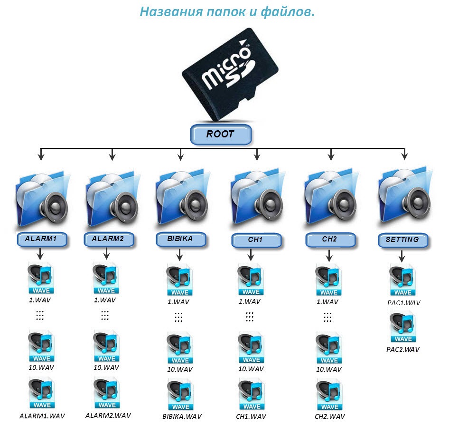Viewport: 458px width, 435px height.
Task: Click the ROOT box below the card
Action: pos(221,134)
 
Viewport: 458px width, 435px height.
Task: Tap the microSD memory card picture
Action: pos(230,74)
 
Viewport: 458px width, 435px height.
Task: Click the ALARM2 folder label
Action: pos(109,239)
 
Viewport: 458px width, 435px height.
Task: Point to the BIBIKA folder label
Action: pos(181,239)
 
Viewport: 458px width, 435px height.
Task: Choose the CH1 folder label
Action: pos(256,240)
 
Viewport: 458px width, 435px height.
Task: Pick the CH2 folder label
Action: pos(330,240)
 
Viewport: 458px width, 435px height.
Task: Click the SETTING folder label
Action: pos(403,240)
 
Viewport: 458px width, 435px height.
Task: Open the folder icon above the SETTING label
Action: pos(405,197)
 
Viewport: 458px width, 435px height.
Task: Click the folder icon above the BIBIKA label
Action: pos(183,197)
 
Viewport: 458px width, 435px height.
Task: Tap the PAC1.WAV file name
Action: pos(404,303)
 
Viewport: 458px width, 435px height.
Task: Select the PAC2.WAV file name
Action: pos(403,349)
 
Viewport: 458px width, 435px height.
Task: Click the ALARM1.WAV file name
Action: pos(42,416)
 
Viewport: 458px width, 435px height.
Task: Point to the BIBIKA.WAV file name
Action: pos(182,416)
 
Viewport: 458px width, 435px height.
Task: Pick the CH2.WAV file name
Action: pos(330,416)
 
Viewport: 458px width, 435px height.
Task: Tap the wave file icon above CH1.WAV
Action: pos(252,394)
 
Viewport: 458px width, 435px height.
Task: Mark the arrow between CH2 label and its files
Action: pos(329,255)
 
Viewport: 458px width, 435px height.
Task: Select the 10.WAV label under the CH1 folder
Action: pos(251,369)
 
